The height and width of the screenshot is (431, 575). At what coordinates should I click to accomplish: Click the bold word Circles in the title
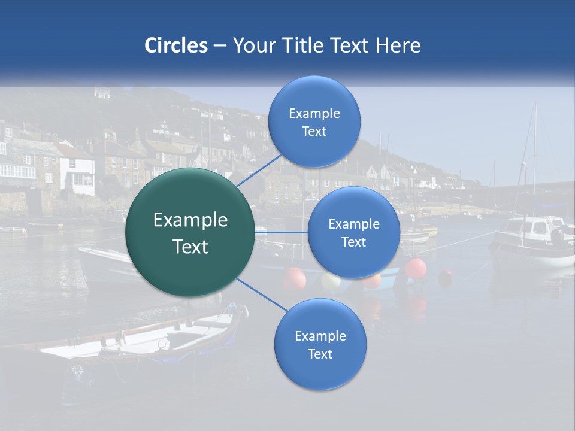175,45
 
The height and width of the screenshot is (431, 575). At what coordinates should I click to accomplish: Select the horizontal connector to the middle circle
282,232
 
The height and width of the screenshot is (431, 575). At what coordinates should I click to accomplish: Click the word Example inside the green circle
190,220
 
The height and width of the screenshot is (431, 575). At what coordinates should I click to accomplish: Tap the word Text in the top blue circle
314,132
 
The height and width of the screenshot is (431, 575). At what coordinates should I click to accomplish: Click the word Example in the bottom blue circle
320,336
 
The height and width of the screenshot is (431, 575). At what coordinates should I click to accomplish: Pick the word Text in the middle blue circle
353,242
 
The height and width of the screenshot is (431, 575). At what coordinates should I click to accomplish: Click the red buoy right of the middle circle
416,268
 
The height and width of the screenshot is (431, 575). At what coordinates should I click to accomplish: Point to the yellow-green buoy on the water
331,280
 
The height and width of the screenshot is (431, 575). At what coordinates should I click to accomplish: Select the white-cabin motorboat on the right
532,239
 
